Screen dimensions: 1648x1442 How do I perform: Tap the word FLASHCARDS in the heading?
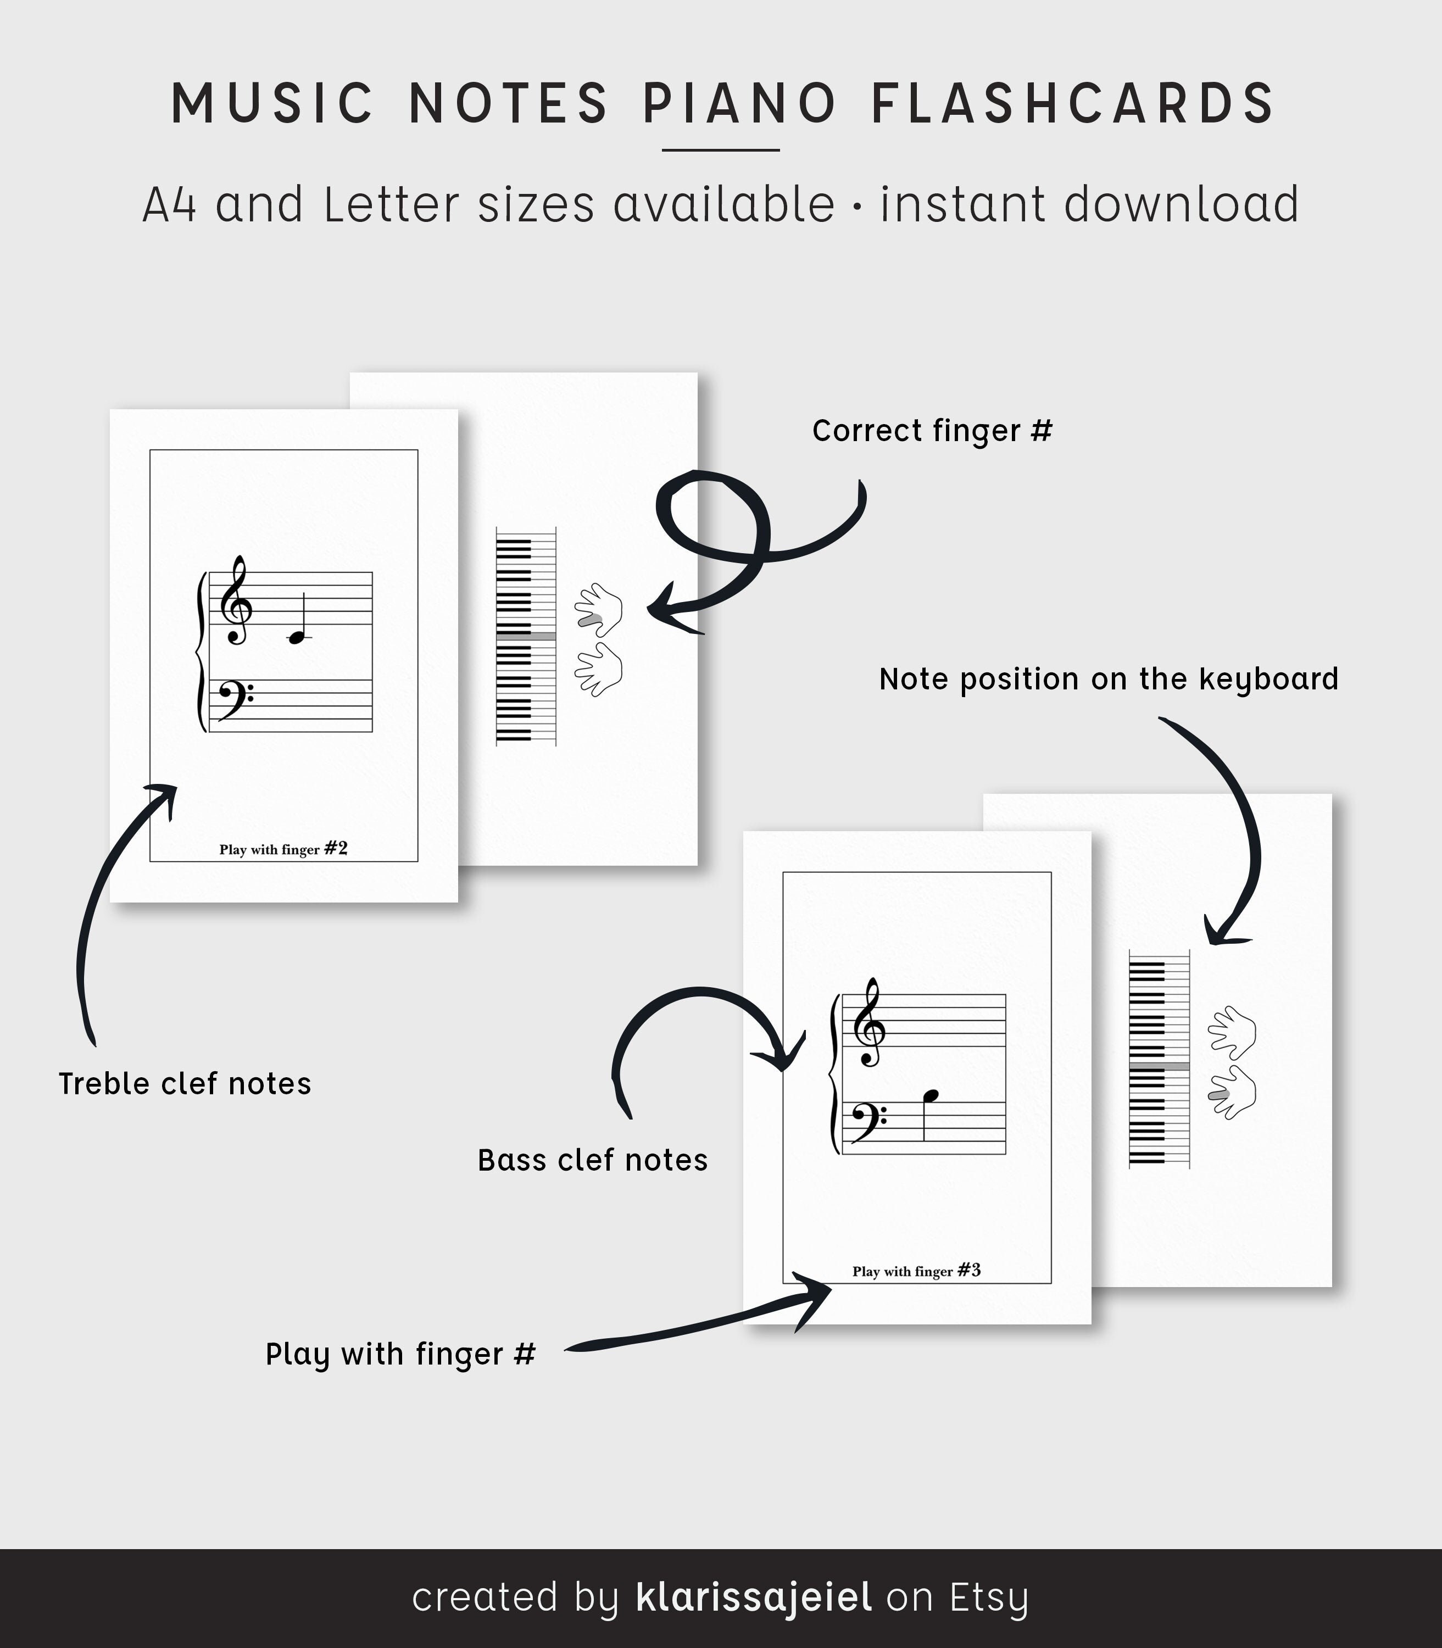(x=1073, y=103)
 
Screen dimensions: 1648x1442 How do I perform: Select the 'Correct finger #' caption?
(x=932, y=431)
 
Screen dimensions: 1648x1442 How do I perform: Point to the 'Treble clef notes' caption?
(x=184, y=1084)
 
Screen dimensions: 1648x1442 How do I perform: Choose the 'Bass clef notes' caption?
(x=592, y=1160)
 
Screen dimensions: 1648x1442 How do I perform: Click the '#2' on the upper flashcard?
(x=336, y=848)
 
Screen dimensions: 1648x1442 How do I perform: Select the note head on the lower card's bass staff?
(x=931, y=1095)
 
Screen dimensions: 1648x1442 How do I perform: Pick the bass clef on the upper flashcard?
(x=234, y=698)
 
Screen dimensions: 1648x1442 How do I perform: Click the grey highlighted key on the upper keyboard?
(x=526, y=636)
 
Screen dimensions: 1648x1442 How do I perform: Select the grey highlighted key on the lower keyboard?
(x=1159, y=1066)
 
